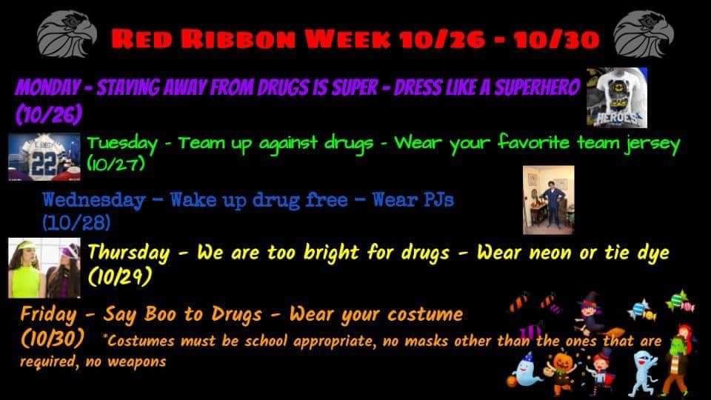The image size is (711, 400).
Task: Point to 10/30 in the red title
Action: (x=563, y=39)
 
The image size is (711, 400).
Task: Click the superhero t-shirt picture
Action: (x=617, y=97)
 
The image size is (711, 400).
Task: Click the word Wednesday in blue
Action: (x=93, y=200)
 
